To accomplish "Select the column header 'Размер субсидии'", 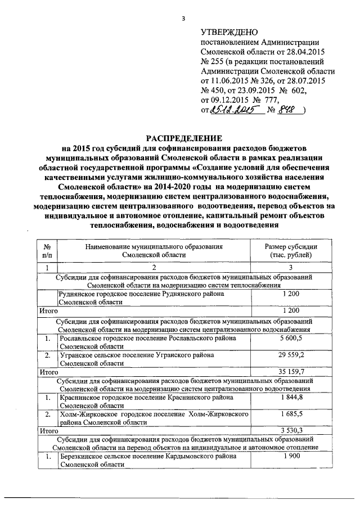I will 291,246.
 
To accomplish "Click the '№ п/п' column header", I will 47,250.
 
